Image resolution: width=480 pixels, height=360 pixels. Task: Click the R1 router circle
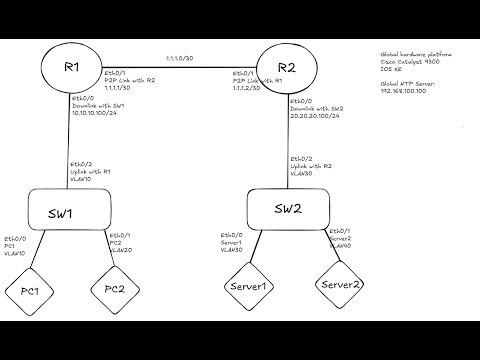click(71, 68)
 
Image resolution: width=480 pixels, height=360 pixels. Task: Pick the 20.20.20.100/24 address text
click(313, 116)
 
